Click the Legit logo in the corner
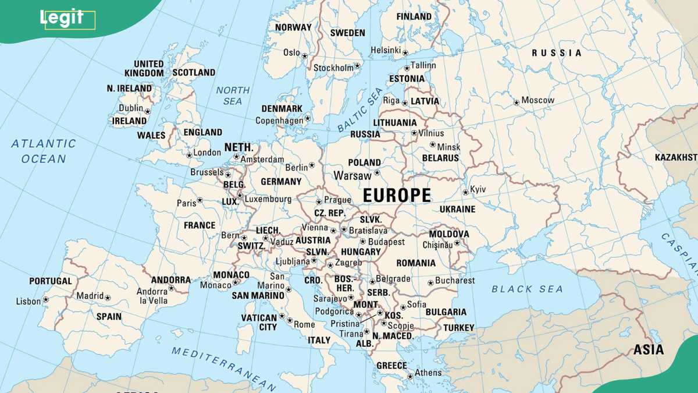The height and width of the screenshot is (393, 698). (62, 18)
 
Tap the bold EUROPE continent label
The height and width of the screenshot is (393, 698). (397, 196)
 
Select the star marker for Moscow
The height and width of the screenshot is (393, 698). (516, 102)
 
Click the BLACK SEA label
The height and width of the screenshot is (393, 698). (527, 289)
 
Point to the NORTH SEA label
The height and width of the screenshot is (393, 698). (233, 95)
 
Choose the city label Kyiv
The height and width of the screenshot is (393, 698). (478, 189)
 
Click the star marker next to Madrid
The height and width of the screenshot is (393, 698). (108, 298)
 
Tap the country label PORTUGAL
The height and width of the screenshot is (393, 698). (51, 281)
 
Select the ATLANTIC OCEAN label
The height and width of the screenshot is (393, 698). (44, 151)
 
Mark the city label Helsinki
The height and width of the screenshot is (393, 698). (386, 51)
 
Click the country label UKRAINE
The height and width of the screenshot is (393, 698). (457, 209)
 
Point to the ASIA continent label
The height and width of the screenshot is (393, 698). (649, 350)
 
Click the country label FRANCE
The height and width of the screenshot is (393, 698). (200, 225)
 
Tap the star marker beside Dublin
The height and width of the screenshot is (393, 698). (148, 111)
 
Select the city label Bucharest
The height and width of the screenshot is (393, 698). (455, 281)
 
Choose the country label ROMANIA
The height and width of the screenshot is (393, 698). (416, 263)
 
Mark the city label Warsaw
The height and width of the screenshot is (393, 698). (352, 175)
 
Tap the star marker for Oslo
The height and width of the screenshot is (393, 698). (305, 55)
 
